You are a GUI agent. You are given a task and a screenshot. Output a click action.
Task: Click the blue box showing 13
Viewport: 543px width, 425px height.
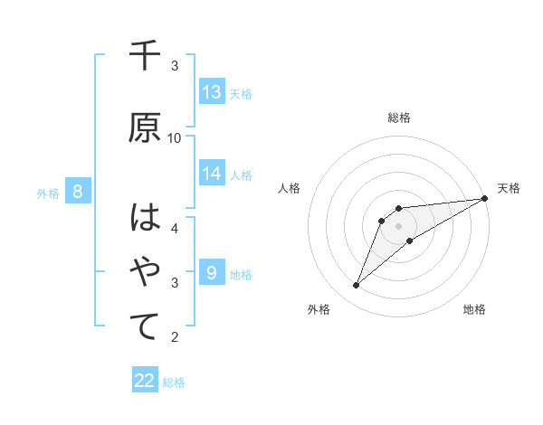[x=212, y=91]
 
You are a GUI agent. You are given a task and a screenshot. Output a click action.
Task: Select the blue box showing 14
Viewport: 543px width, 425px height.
[x=212, y=174]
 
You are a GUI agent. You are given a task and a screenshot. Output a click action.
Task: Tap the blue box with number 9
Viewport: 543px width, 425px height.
[x=212, y=272]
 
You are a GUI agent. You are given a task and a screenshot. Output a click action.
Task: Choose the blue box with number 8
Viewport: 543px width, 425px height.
[x=78, y=191]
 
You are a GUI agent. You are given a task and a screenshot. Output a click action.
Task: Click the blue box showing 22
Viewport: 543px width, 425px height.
[x=145, y=381]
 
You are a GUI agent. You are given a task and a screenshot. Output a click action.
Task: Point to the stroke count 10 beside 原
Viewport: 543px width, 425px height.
[x=175, y=137]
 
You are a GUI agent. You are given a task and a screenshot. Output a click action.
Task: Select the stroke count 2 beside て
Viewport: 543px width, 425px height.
[x=175, y=337]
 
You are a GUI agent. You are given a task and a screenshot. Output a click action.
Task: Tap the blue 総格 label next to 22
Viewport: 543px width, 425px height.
[x=174, y=382]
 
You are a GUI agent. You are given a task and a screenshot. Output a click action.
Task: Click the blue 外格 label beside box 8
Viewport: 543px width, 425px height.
[x=47, y=193]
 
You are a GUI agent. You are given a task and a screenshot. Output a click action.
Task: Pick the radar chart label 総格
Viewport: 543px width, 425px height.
[x=398, y=118]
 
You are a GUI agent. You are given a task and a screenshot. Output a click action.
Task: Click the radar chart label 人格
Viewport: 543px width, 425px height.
[x=289, y=188]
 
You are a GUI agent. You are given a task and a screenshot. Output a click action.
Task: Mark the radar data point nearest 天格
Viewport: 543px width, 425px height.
[x=485, y=198]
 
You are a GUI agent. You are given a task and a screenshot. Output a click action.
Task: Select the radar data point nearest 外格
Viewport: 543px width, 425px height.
[x=356, y=286]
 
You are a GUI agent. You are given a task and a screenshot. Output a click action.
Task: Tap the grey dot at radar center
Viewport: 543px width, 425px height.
[x=398, y=226]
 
